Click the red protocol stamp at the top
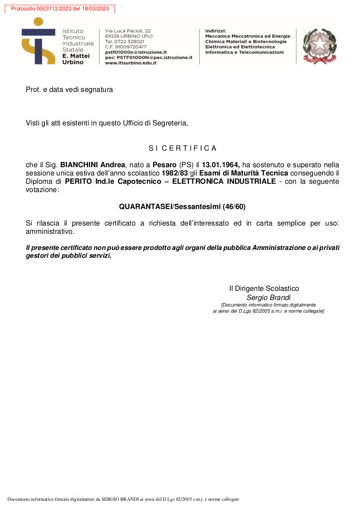(x=60, y=9)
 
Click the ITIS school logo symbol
(x=38, y=41)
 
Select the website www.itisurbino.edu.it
(x=131, y=63)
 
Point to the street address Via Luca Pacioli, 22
(x=128, y=31)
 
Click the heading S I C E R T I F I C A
(x=182, y=148)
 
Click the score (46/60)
(x=234, y=206)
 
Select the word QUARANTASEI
(x=145, y=206)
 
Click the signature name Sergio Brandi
(x=268, y=298)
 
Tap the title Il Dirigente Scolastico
(x=264, y=288)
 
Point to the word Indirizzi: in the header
(x=216, y=31)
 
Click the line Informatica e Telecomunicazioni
(x=244, y=52)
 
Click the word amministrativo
(x=50, y=231)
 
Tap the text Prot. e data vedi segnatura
(x=69, y=90)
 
